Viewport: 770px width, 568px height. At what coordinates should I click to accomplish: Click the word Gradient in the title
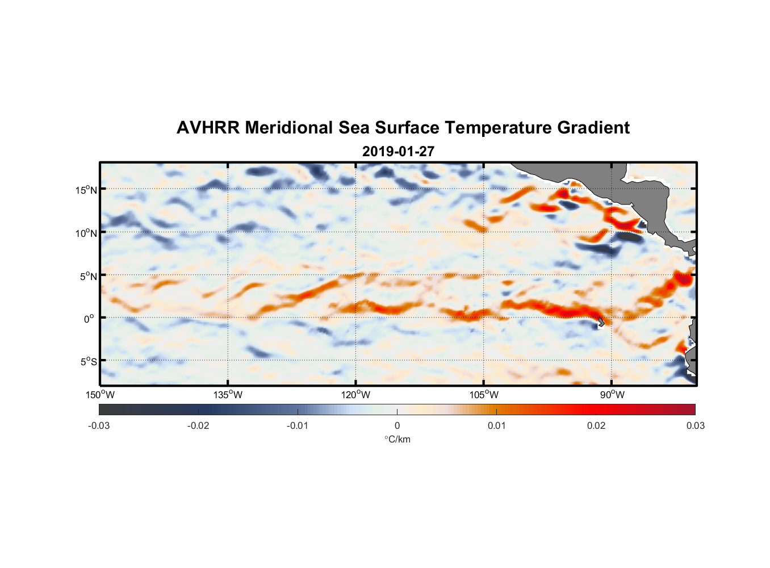click(x=593, y=128)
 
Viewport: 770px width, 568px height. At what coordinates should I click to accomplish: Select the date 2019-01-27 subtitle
click(x=398, y=152)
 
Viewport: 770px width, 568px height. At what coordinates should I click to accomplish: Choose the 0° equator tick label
click(x=90, y=319)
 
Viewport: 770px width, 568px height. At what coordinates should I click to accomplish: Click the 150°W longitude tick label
click(x=100, y=395)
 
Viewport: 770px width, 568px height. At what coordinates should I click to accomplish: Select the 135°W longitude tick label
click(x=228, y=395)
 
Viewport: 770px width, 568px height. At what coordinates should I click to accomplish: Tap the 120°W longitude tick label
click(x=355, y=395)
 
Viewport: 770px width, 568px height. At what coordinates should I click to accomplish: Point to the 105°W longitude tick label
click(x=484, y=395)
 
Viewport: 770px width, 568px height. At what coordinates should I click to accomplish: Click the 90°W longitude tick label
click(x=612, y=395)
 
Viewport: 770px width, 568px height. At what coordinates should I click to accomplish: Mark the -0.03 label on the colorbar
click(x=99, y=425)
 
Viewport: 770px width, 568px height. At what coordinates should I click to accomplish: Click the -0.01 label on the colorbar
click(x=298, y=425)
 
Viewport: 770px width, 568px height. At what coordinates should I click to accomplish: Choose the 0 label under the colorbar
click(x=397, y=425)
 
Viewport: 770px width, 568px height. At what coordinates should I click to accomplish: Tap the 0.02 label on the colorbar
click(x=596, y=425)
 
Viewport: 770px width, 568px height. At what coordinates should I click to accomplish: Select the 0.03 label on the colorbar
click(x=695, y=425)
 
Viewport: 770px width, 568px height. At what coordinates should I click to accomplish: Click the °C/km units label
click(x=397, y=439)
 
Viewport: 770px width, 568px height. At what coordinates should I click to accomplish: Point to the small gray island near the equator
click(x=600, y=322)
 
